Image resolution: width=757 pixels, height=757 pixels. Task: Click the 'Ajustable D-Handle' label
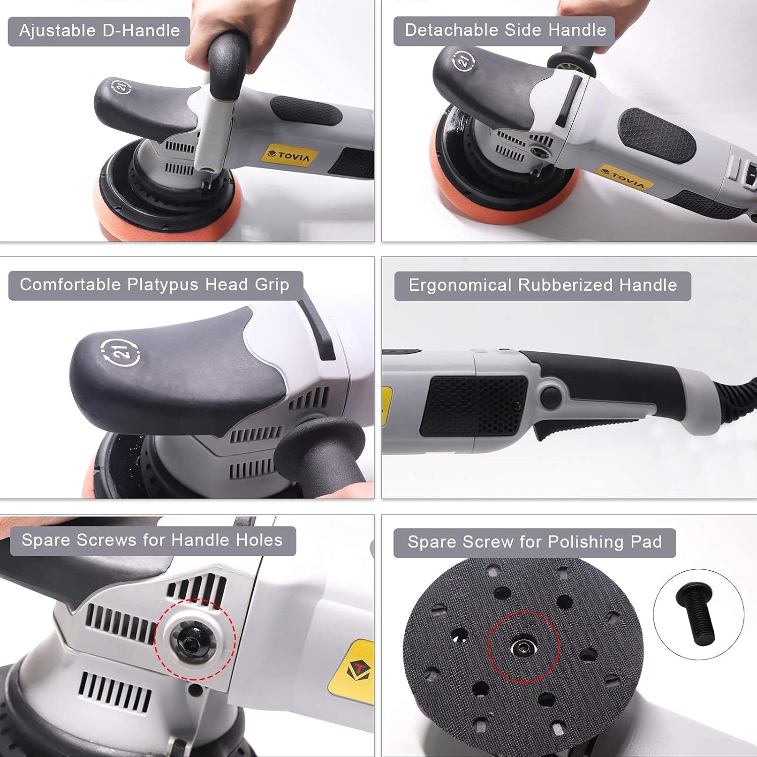[x=99, y=31]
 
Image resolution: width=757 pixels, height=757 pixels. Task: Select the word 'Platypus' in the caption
[x=162, y=285]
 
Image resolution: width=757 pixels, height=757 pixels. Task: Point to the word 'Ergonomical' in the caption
[x=460, y=285]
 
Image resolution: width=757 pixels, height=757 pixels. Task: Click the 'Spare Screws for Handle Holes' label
[x=152, y=540]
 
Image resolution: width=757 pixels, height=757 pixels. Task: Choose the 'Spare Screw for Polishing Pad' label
[x=534, y=542]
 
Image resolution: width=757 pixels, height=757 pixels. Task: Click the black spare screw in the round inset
[x=696, y=614]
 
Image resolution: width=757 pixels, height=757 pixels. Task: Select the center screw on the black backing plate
[x=521, y=647]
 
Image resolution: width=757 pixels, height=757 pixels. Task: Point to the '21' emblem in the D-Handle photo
[x=121, y=87]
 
